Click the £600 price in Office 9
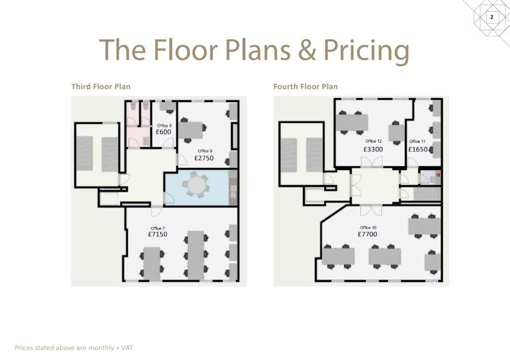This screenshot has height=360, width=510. (x=164, y=132)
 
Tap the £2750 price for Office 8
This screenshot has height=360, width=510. (x=204, y=158)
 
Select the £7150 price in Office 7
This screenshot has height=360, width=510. (x=158, y=234)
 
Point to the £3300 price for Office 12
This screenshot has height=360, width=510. (x=373, y=149)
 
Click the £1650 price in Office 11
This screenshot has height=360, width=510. (x=418, y=149)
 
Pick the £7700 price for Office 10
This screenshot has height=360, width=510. (x=367, y=234)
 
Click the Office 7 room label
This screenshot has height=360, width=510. (x=158, y=228)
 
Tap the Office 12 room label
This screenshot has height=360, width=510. (x=374, y=141)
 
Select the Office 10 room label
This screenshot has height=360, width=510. (x=368, y=227)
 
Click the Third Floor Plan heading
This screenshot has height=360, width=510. (x=101, y=87)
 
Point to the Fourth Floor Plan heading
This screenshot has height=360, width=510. (x=306, y=87)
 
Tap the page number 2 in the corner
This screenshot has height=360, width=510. (x=492, y=17)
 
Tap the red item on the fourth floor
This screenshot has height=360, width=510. (x=438, y=175)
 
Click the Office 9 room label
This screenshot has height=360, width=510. (x=164, y=125)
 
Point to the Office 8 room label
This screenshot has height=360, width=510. (x=205, y=151)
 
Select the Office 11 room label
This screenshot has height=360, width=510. (x=417, y=142)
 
